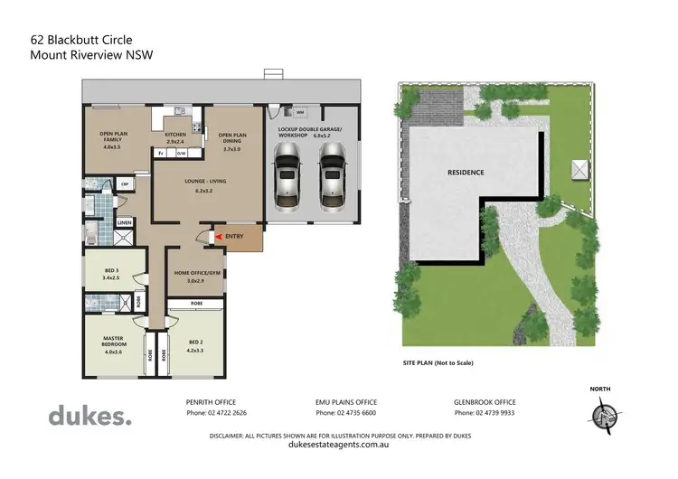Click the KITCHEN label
pyautogui.click(x=175, y=135)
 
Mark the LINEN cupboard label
pyautogui.click(x=124, y=222)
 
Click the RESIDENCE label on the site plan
pyautogui.click(x=466, y=172)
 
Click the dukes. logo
pyautogui.click(x=89, y=416)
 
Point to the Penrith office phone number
pyautogui.click(x=216, y=413)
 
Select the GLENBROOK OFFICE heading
pyautogui.click(x=485, y=401)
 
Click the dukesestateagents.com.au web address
pyautogui.click(x=338, y=445)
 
